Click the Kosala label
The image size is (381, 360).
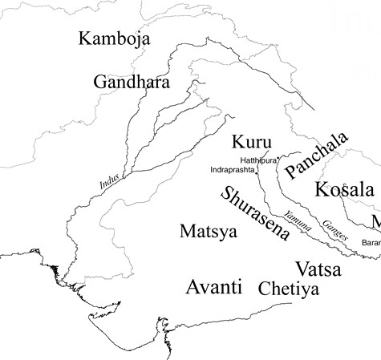point(344,190)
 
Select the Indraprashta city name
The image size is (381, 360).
point(232,171)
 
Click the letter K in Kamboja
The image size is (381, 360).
point(82,39)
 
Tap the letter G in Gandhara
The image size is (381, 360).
point(100,82)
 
